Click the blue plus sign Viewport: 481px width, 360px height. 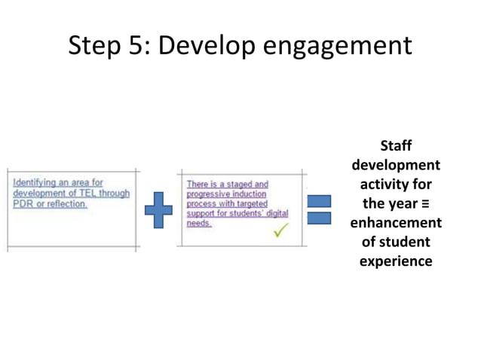tap(158, 209)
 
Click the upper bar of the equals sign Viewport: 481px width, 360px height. tap(319, 201)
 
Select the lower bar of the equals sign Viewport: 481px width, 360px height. tap(319, 218)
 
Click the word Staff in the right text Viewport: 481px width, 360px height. tap(396, 145)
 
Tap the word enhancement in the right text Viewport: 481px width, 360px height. tap(396, 223)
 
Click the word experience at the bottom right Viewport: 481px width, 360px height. tap(396, 262)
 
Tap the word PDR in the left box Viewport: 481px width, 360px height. tap(22, 204)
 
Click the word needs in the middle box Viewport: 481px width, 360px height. tap(199, 224)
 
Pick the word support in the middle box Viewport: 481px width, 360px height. tap(202, 214)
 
